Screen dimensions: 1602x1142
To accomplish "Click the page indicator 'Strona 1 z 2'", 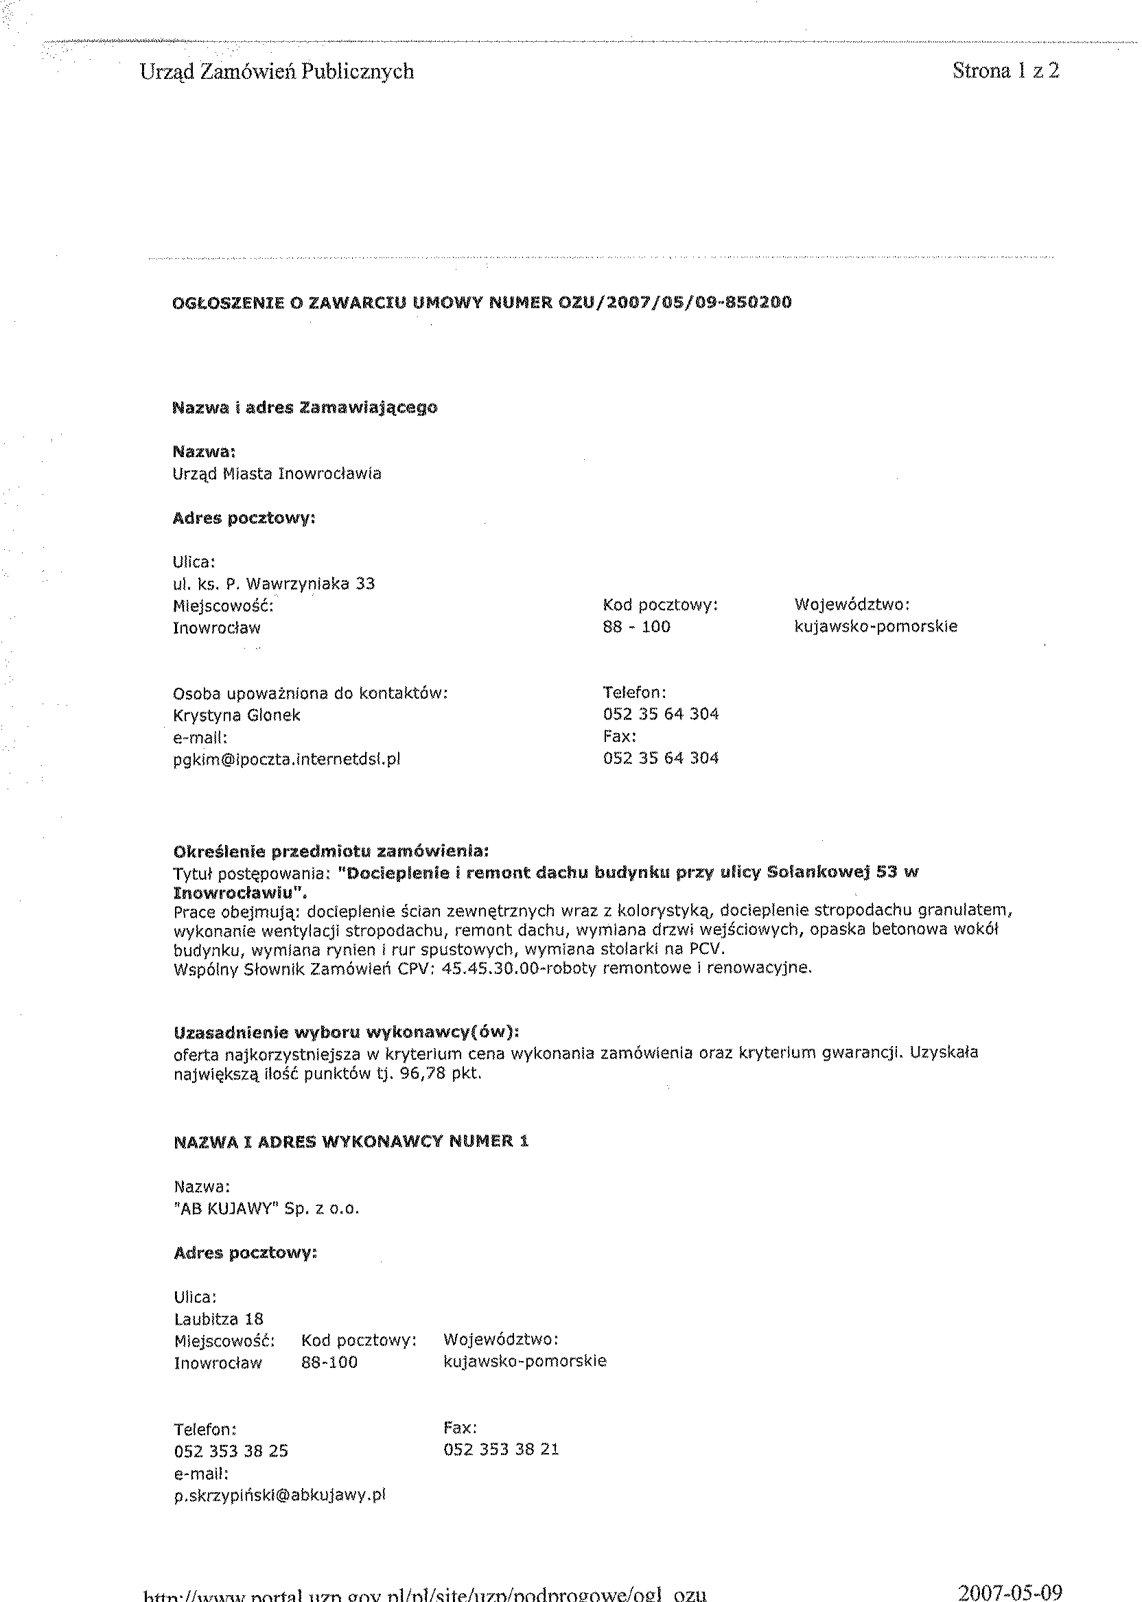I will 1005,70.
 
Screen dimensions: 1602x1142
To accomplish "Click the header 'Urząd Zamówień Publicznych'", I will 277,72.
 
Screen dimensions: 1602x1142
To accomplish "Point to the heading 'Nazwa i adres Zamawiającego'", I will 305,408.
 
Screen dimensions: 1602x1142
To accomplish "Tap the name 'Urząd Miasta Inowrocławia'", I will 277,474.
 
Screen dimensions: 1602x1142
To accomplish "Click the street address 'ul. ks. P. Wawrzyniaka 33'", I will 274,583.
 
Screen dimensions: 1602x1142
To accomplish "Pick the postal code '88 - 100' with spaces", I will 636,627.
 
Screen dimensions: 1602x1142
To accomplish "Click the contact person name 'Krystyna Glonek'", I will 236,715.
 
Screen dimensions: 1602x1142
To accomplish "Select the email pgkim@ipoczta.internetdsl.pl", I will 286,759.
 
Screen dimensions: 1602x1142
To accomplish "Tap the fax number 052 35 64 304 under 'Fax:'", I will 660,758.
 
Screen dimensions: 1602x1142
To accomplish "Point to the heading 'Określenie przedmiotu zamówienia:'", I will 331,852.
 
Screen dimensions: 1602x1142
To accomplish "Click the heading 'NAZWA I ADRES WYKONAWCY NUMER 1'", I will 351,1141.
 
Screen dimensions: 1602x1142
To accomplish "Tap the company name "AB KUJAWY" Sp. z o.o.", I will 266,1209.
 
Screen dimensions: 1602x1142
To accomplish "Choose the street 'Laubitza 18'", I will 218,1319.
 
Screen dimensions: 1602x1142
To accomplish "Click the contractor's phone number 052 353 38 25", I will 231,1451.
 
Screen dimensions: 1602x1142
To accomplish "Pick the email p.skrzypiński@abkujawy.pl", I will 280,1495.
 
